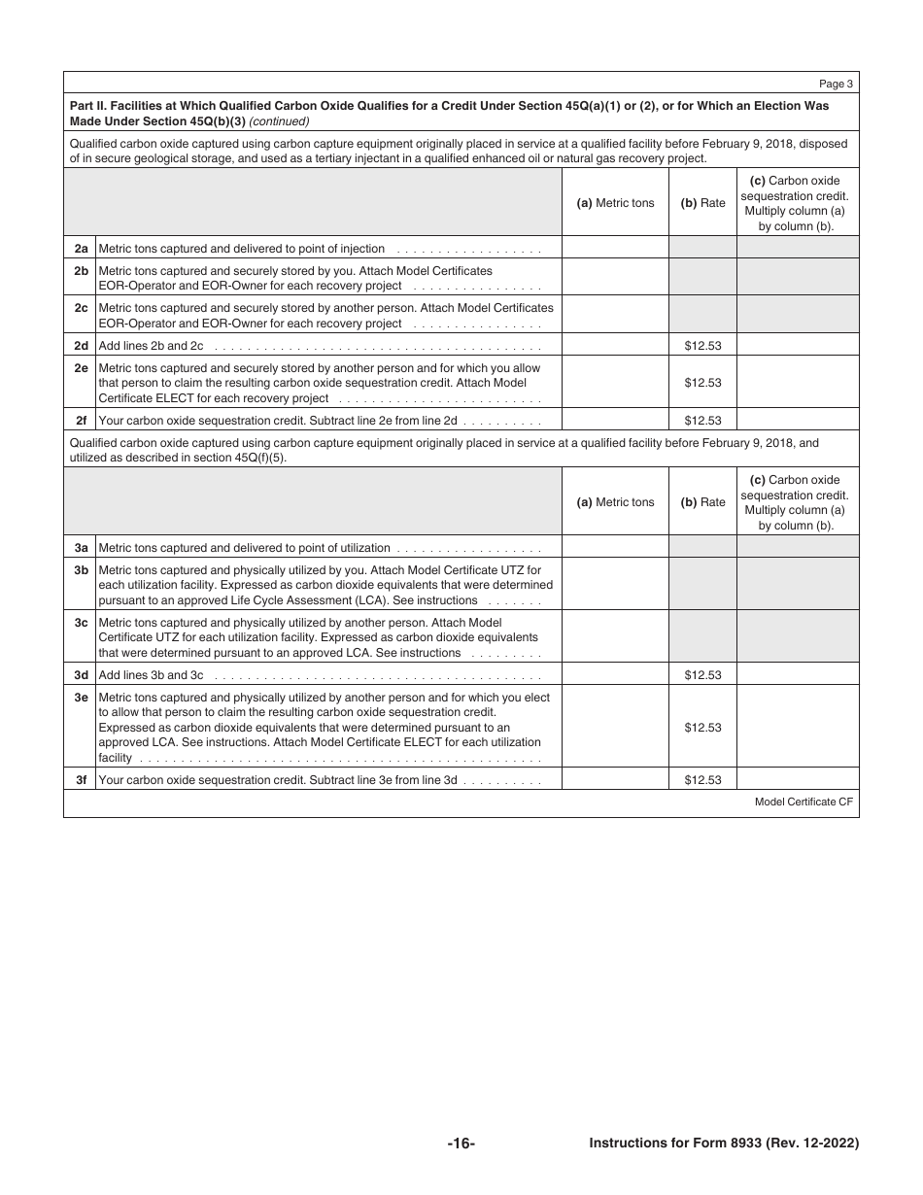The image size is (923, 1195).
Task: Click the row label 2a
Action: pos(81,249)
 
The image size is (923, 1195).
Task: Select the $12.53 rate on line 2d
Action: pos(702,345)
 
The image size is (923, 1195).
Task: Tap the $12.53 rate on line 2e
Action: pos(702,383)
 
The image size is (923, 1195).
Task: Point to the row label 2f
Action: pos(81,421)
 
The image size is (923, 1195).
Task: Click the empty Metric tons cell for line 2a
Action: pos(615,248)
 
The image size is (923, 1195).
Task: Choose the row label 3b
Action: pos(81,570)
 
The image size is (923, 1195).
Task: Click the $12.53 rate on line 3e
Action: pos(702,727)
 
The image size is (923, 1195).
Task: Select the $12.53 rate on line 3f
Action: pos(702,779)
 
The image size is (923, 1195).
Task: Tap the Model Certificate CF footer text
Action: pos(803,802)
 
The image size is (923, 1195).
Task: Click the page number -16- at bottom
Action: pos(461,1144)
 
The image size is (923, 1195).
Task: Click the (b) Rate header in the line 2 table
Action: pos(702,203)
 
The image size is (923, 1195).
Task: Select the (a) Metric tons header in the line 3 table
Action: pos(615,502)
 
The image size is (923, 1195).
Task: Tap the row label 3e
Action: pos(81,698)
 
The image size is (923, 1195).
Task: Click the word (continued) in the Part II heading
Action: pos(280,121)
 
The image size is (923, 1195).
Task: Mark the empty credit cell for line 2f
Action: pos(798,421)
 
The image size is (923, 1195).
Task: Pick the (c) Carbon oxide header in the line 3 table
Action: pos(798,480)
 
